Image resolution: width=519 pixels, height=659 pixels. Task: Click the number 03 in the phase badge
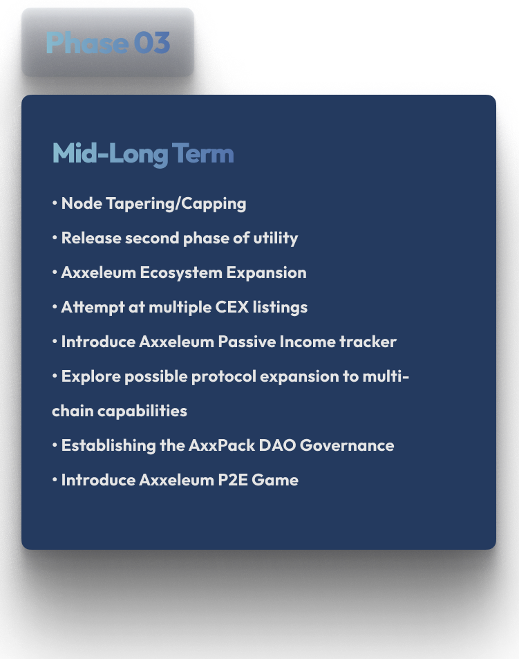pyautogui.click(x=152, y=42)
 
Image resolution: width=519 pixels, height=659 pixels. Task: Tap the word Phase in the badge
pyautogui.click(x=87, y=42)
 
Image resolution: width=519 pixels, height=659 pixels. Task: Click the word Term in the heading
pyautogui.click(x=202, y=153)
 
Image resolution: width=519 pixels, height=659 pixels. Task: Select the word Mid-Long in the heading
pyautogui.click(x=110, y=154)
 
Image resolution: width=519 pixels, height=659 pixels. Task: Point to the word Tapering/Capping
pyautogui.click(x=176, y=204)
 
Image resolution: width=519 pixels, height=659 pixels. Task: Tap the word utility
pyautogui.click(x=276, y=239)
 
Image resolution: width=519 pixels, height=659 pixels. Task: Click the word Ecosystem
pyautogui.click(x=181, y=272)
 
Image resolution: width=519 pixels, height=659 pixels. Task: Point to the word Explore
pyautogui.click(x=91, y=377)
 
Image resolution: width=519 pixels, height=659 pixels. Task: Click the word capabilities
pyautogui.click(x=142, y=411)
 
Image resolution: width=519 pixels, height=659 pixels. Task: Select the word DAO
pyautogui.click(x=278, y=445)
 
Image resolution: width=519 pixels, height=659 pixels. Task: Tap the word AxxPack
pyautogui.click(x=222, y=445)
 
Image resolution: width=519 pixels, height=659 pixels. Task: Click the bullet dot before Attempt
pyautogui.click(x=55, y=307)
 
